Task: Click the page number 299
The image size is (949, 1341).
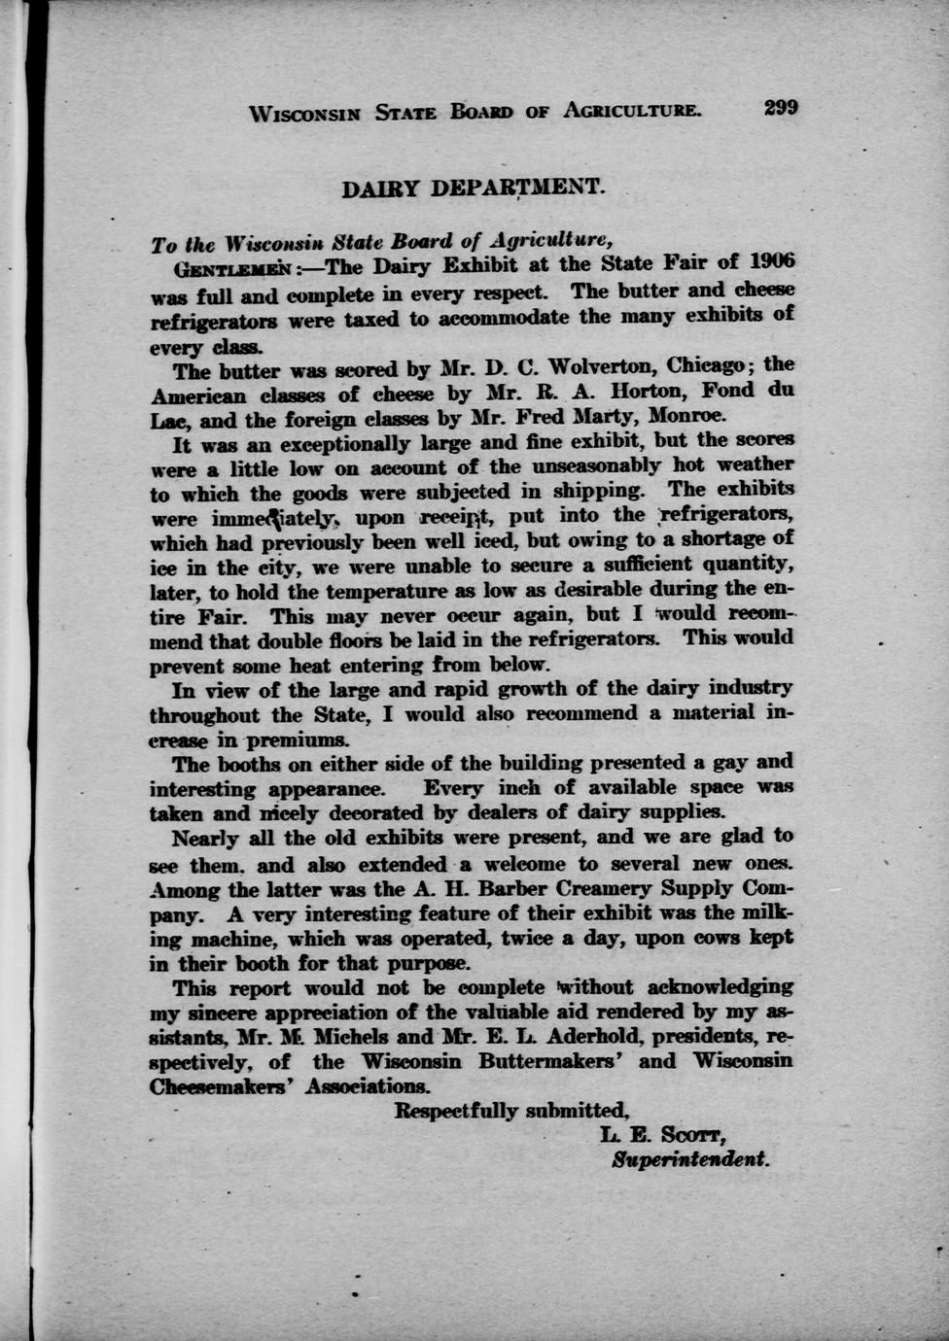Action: pyautogui.click(x=780, y=108)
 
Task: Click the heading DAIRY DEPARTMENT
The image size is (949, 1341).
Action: pyautogui.click(x=474, y=187)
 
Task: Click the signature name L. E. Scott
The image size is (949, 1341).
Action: pyautogui.click(x=664, y=1135)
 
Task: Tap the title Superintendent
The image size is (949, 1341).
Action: pyautogui.click(x=690, y=1160)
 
